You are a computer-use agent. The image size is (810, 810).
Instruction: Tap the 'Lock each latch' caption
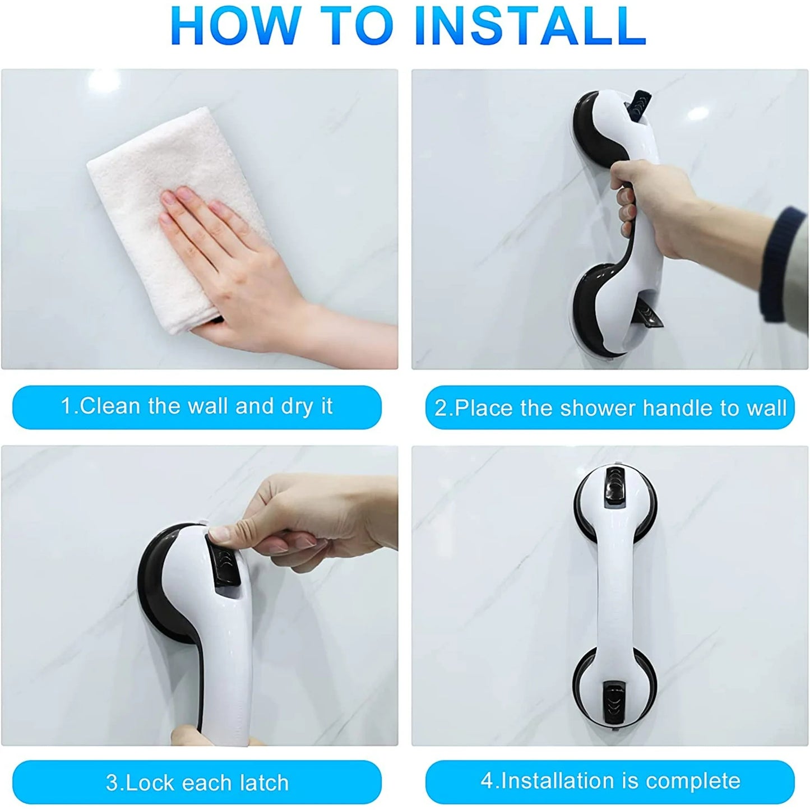pyautogui.click(x=197, y=783)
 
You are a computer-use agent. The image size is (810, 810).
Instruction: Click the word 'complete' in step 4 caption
pyautogui.click(x=693, y=781)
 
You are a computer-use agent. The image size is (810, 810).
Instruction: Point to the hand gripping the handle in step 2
pyautogui.click(x=673, y=210)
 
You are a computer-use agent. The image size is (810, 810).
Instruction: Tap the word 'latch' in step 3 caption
pyautogui.click(x=265, y=783)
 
